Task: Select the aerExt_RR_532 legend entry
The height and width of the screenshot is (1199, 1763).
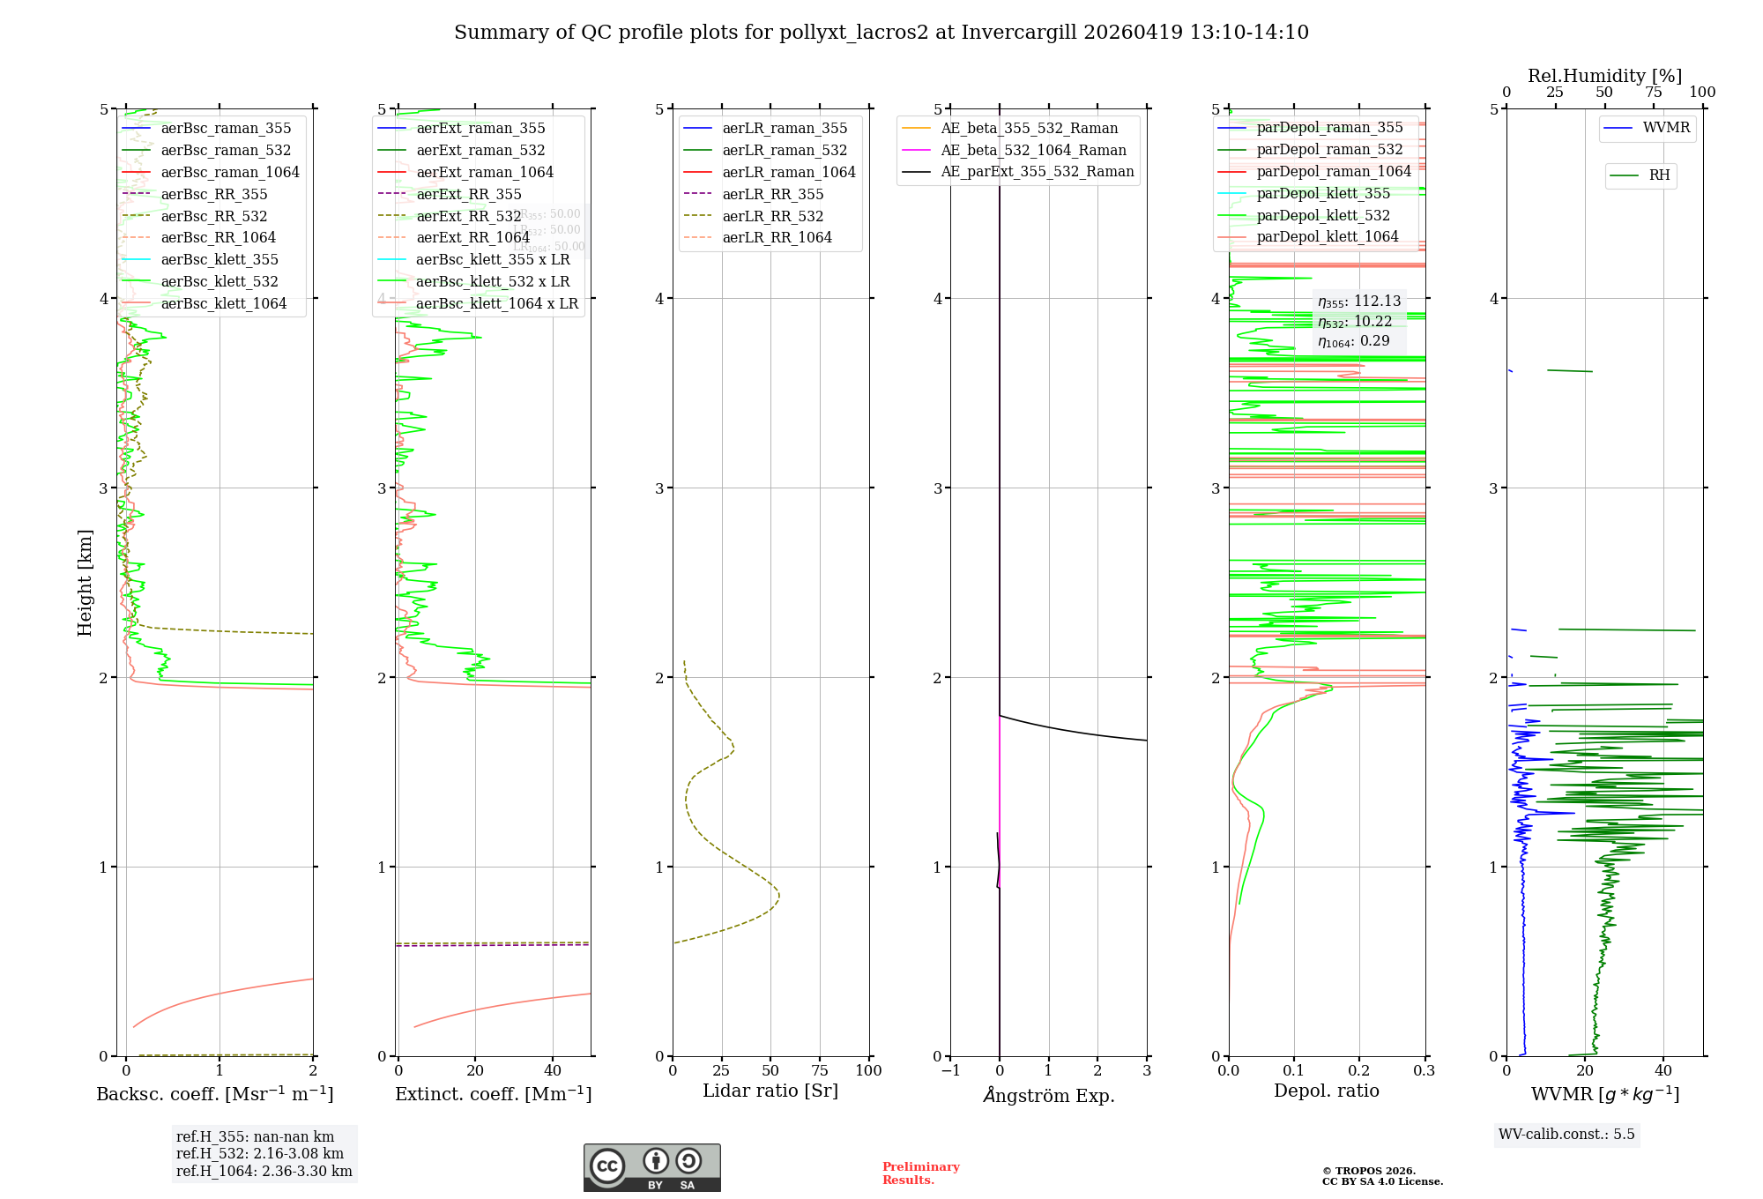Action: (468, 216)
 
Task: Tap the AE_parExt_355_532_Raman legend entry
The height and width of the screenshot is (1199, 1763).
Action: (1037, 172)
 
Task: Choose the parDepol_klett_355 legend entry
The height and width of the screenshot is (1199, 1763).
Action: (1322, 194)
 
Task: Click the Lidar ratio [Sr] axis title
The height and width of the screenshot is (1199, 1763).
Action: (770, 1091)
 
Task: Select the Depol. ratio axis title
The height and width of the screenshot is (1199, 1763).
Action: (1326, 1091)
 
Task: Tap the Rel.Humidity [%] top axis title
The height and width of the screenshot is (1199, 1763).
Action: (1604, 76)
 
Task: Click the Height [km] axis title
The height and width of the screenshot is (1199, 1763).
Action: (85, 582)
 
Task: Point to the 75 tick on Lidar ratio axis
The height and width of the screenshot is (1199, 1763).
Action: (820, 1070)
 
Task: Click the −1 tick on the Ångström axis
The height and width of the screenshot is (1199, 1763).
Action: (949, 1070)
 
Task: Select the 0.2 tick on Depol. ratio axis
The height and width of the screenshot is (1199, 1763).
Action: (1358, 1070)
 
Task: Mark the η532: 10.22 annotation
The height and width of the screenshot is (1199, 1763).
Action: (1355, 322)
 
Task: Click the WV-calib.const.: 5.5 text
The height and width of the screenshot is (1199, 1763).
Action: (1566, 1135)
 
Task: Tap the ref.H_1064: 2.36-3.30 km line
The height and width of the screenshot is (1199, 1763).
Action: (264, 1172)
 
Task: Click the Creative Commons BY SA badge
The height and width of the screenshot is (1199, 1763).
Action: (651, 1167)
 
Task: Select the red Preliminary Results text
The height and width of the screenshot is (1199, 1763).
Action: (920, 1173)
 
